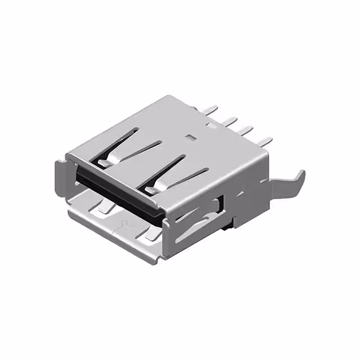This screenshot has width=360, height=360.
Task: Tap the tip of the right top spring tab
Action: [151, 189]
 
